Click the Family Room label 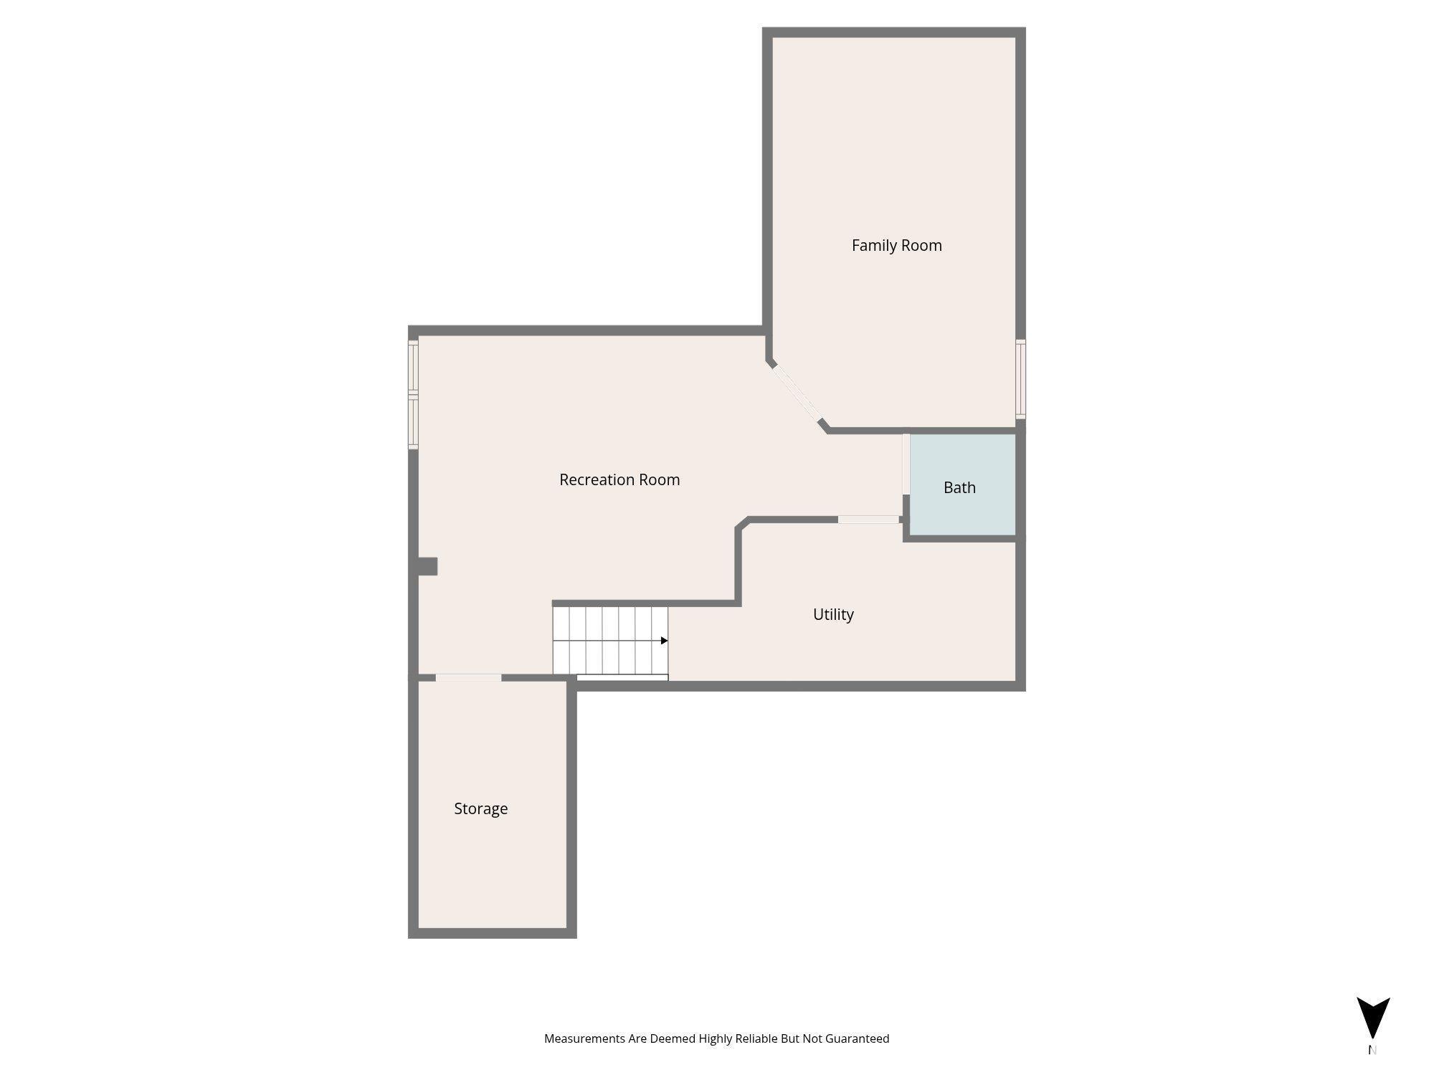click(896, 245)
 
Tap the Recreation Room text click(619, 479)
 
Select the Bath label click(959, 487)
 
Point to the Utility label click(833, 614)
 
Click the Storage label click(480, 808)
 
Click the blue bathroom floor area click(963, 484)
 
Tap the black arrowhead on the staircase click(664, 641)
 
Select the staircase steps click(610, 641)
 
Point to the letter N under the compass click(1372, 1050)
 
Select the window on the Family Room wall click(1020, 379)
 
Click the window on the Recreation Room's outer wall click(413, 395)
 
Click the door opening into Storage click(468, 677)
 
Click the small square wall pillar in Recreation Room click(427, 566)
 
